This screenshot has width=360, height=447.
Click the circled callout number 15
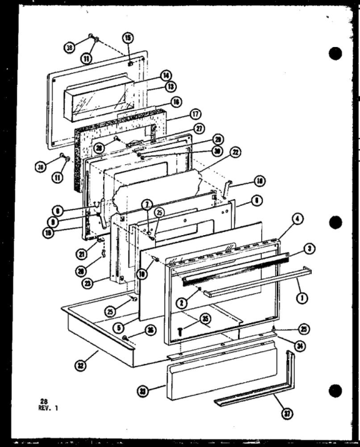coord(128,37)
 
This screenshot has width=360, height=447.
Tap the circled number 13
coord(171,87)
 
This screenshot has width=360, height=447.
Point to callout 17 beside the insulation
coord(177,114)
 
